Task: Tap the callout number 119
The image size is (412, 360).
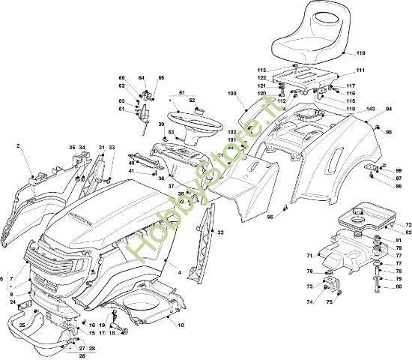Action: click(x=360, y=53)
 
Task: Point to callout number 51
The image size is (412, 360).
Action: click(x=180, y=93)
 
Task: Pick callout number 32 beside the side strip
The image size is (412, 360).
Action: click(x=220, y=233)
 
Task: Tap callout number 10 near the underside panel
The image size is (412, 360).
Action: click(x=181, y=324)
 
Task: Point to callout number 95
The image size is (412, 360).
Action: click(x=389, y=132)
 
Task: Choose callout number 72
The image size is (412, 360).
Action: click(x=408, y=225)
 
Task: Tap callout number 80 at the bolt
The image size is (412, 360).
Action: click(x=398, y=286)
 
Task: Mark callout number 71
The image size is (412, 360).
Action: click(x=309, y=256)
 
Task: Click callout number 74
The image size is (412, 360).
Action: click(x=309, y=301)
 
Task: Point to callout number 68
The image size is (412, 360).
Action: click(x=121, y=78)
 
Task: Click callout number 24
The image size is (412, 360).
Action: click(x=13, y=301)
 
